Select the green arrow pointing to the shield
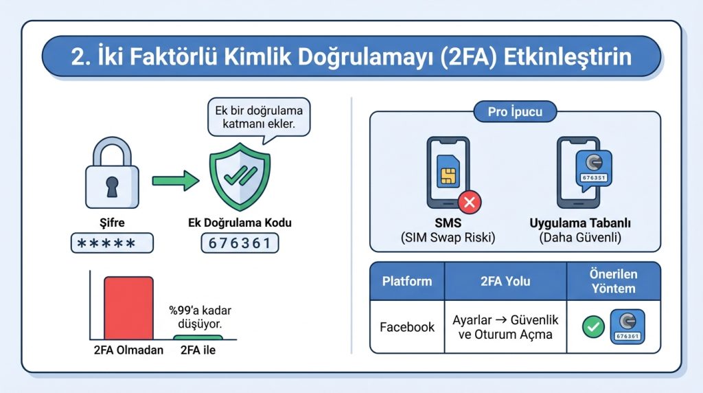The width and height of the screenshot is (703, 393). pyautogui.click(x=175, y=180)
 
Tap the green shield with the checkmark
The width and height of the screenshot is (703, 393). pyautogui.click(x=240, y=176)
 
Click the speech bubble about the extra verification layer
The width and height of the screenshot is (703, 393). pyautogui.click(x=260, y=118)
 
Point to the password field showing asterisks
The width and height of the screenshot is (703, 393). pyautogui.click(x=112, y=243)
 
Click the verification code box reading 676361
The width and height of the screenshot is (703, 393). pyautogui.click(x=240, y=243)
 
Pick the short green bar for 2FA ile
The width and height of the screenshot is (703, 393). pyautogui.click(x=197, y=337)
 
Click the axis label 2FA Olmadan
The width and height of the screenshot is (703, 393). pyautogui.click(x=128, y=350)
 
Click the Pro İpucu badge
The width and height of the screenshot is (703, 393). pyautogui.click(x=516, y=112)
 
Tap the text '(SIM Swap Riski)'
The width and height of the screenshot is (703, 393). pyautogui.click(x=448, y=238)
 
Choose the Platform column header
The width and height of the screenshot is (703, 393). pyautogui.click(x=407, y=281)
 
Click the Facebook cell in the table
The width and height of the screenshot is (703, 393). pyautogui.click(x=407, y=327)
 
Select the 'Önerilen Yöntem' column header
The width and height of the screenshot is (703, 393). pyautogui.click(x=614, y=281)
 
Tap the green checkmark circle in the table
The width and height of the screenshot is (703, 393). pyautogui.click(x=592, y=327)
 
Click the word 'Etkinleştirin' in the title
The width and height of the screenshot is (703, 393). pyautogui.click(x=567, y=56)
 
